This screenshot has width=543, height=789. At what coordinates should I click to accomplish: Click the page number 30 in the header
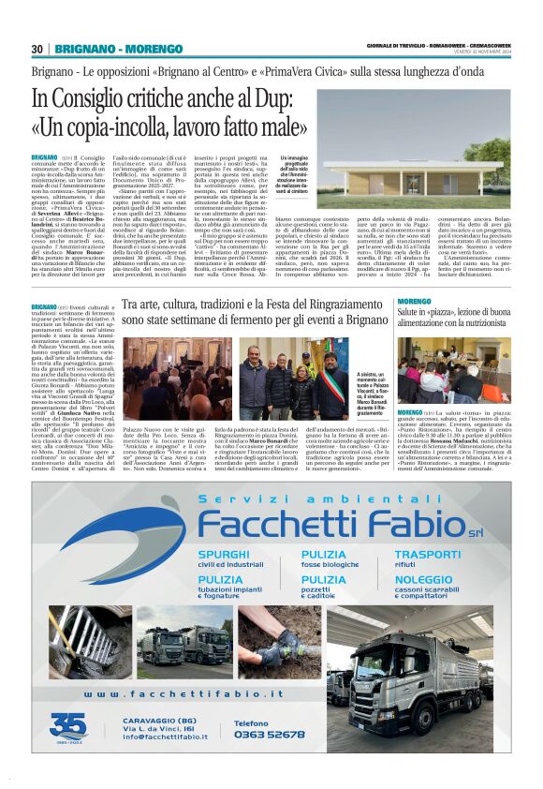(37, 49)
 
